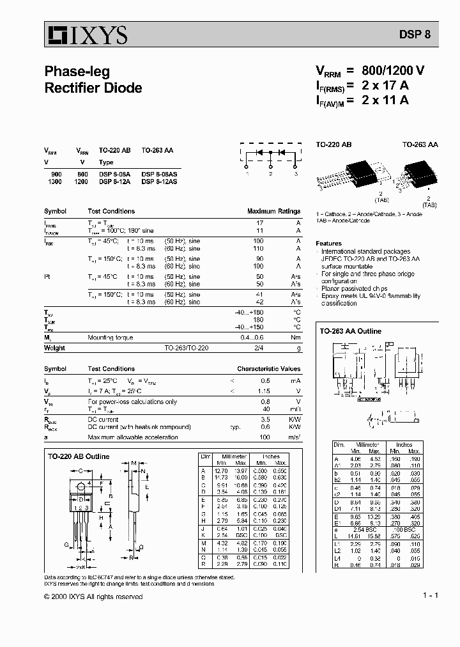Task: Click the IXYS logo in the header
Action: click(86, 35)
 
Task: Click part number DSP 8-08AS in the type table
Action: click(159, 174)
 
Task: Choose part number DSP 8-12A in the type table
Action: click(114, 182)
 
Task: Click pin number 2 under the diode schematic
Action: click(271, 173)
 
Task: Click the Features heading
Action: click(328, 244)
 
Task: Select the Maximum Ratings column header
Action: click(273, 211)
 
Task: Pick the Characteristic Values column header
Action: click(268, 369)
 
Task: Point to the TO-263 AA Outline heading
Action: click(350, 331)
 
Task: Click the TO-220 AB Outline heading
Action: click(79, 456)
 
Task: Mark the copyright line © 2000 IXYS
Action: click(93, 596)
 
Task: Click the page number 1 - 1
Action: click(430, 596)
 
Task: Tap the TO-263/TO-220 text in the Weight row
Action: click(186, 348)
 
